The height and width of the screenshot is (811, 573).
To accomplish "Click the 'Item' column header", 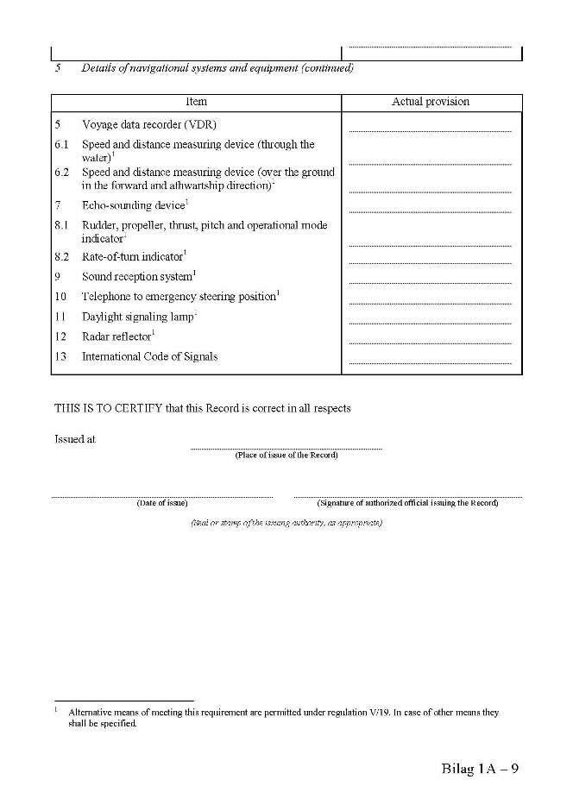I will [196, 102].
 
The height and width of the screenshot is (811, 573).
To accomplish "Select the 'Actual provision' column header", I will [431, 102].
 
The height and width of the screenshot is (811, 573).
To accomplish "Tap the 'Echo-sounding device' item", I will [134, 205].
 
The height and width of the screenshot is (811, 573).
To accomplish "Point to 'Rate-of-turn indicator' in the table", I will [133, 256].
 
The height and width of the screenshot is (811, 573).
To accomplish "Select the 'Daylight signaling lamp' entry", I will [138, 317].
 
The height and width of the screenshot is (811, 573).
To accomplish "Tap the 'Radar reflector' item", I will [116, 336].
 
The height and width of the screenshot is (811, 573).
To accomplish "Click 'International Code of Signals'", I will [149, 356].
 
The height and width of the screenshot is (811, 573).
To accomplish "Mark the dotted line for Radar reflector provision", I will [431, 343].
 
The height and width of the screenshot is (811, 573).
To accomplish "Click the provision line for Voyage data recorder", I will [431, 131].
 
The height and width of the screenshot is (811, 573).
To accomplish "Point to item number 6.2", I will [61, 173].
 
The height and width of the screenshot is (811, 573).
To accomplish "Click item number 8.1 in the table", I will [61, 226].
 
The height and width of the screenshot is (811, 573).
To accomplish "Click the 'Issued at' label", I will [75, 439].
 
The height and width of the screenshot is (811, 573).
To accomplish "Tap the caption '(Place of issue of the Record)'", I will [286, 455].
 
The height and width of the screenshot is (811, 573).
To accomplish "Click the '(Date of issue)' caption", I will [162, 503].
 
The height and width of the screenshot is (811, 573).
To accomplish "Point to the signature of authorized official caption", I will [407, 503].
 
